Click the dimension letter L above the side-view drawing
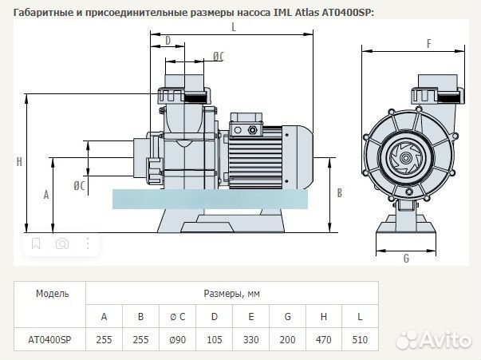pyautogui.click(x=233, y=26)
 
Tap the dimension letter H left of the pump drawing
pyautogui.click(x=18, y=162)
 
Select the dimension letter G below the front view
pyautogui.click(x=405, y=259)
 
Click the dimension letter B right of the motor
pyautogui.click(x=339, y=192)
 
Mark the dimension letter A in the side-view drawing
pyautogui.click(x=46, y=194)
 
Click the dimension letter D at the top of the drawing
pyautogui.click(x=168, y=40)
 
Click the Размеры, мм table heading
pyautogui.click(x=232, y=293)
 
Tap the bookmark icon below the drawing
pyautogui.click(x=35, y=244)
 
